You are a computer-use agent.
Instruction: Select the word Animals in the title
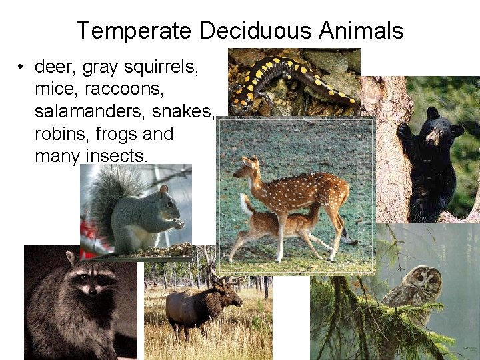pyautogui.click(x=361, y=31)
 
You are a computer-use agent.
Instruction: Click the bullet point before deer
pyautogui.click(x=22, y=67)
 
